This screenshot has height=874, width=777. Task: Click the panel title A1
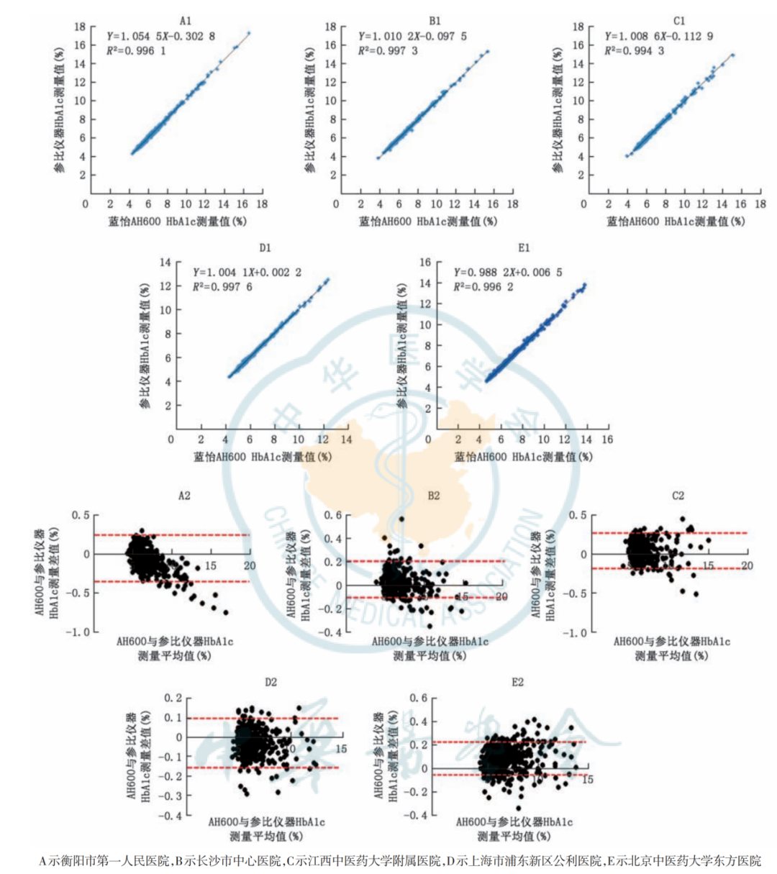185,21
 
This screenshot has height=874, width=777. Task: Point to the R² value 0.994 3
634,50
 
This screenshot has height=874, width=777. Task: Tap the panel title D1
265,248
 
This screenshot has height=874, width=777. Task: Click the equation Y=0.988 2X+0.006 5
508,273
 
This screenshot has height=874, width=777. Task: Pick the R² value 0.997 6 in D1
222,287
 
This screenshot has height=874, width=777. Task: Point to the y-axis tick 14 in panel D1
165,263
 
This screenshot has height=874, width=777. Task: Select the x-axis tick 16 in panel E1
607,440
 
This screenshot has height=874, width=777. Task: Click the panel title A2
185,496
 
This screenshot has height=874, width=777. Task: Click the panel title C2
678,496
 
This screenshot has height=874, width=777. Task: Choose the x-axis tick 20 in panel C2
747,566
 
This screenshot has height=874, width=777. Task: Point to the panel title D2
270,682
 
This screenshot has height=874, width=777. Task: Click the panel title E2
517,682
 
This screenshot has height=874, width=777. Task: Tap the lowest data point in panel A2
226,612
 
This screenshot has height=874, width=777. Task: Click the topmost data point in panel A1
249,33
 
